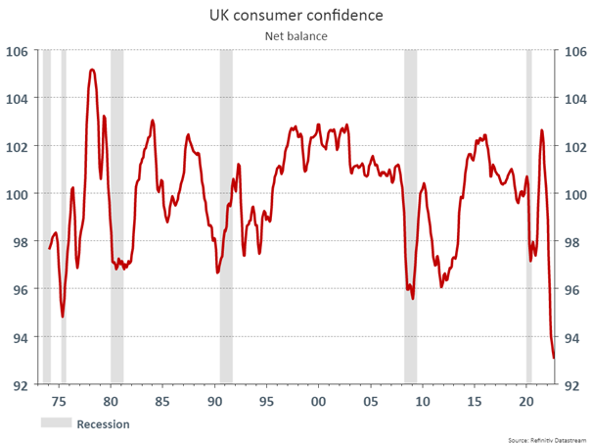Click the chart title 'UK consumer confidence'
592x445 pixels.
pyautogui.click(x=296, y=16)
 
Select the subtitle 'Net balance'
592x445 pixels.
pyautogui.click(x=296, y=36)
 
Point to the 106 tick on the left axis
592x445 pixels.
pyautogui.click(x=18, y=52)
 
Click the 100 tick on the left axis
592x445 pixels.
pyautogui.click(x=18, y=194)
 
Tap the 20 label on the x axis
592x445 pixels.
pyautogui.click(x=526, y=402)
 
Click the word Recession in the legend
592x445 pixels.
pyautogui.click(x=103, y=424)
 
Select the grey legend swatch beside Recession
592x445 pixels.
pyautogui.click(x=55, y=423)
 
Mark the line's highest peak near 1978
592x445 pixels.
pyautogui.click(x=92, y=70)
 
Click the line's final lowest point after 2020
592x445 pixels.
pyautogui.click(x=554, y=358)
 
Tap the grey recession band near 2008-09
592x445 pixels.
pyautogui.click(x=410, y=216)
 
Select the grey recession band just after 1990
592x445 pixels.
pyautogui.click(x=225, y=216)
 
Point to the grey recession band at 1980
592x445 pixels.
pyautogui.click(x=116, y=216)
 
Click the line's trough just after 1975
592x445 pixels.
pyautogui.click(x=63, y=316)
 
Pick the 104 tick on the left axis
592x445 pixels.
pyautogui.click(x=18, y=99)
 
